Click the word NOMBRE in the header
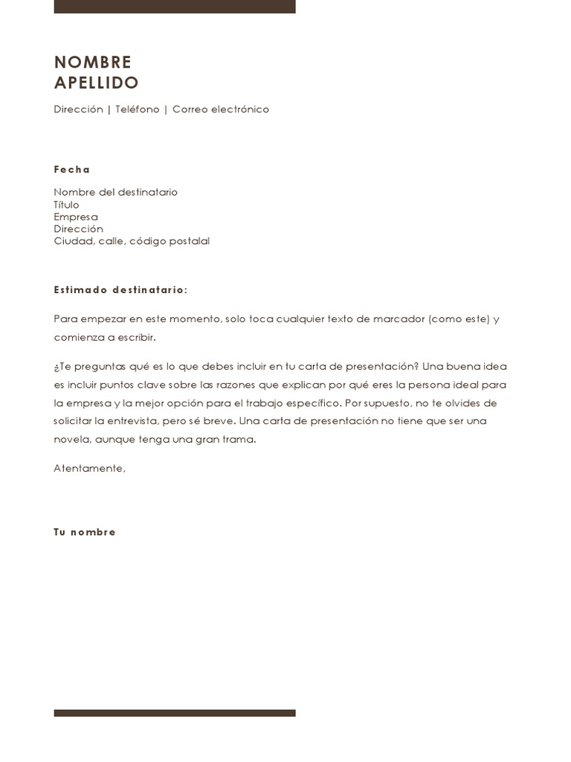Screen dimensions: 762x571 [92, 62]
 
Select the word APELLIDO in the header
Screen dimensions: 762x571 [96, 83]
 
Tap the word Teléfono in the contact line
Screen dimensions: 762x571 [138, 109]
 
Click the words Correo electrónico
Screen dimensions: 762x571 [221, 109]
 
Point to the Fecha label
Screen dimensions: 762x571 [71, 170]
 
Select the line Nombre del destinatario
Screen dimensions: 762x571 [115, 192]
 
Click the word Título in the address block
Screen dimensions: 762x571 [66, 205]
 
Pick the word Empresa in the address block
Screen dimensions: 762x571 [75, 217]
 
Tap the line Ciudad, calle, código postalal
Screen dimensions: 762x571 [132, 241]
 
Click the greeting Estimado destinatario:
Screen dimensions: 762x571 [120, 289]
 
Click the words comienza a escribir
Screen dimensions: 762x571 [105, 337]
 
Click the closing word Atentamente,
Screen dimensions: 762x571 [89, 468]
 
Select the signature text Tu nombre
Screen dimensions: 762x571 [85, 532]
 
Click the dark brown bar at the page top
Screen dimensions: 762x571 [175, 7]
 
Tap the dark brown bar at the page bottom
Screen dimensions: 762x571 [175, 713]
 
